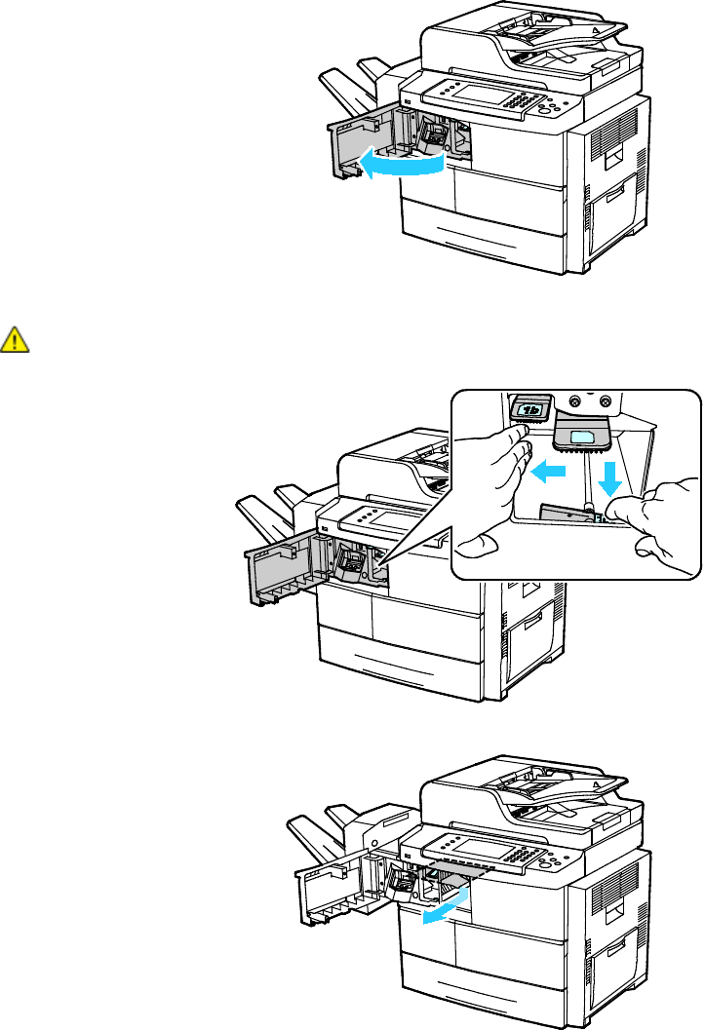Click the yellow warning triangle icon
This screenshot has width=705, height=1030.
pyautogui.click(x=16, y=338)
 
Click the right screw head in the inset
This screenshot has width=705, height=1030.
pyautogui.click(x=606, y=400)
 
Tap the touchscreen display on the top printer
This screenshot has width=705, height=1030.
pyautogui.click(x=478, y=96)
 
